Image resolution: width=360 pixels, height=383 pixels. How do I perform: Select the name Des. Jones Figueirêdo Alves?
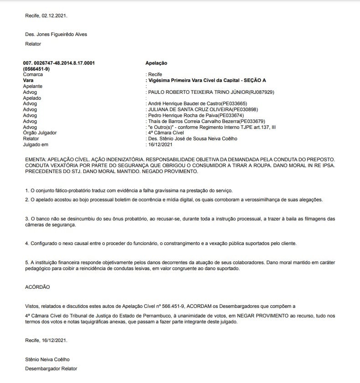56,34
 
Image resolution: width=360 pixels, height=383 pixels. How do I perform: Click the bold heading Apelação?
156,63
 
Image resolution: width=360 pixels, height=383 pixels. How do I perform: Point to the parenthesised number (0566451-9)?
36,68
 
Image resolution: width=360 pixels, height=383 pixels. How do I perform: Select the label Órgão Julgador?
40,133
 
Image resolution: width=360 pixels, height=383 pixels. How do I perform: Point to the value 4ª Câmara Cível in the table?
166,133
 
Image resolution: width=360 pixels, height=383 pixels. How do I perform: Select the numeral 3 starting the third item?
26,219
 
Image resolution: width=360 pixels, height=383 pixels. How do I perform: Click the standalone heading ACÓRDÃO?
37,287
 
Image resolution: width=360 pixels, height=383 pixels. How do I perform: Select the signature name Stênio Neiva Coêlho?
47,359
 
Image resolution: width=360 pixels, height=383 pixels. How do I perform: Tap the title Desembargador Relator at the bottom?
51,368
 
